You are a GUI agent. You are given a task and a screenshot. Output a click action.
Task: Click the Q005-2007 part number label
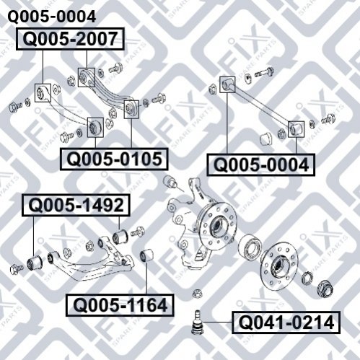tap(70, 39)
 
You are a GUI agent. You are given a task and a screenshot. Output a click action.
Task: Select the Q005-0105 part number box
tap(114, 159)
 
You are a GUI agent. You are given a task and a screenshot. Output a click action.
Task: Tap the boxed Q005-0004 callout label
tap(261, 165)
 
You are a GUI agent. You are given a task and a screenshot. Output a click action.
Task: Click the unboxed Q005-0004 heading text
tap(52, 17)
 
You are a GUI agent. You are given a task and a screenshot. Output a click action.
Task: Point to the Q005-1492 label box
tap(76, 206)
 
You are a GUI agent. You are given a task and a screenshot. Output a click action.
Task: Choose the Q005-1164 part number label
tap(120, 305)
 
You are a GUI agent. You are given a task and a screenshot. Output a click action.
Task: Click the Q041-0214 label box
tap(286, 322)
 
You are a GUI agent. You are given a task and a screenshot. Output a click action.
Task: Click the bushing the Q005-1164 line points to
tap(146, 255)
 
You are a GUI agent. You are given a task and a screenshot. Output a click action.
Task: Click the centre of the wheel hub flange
tap(279, 265)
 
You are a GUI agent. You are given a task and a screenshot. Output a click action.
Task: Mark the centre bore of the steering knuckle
tap(216, 226)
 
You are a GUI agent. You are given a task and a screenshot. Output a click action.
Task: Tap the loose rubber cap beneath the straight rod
tap(266, 139)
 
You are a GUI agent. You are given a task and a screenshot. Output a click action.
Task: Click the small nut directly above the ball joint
tap(197, 294)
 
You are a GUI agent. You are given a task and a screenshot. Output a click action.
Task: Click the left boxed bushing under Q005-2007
tap(43, 93)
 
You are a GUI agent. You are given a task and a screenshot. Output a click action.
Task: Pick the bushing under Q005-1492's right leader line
tap(120, 236)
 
